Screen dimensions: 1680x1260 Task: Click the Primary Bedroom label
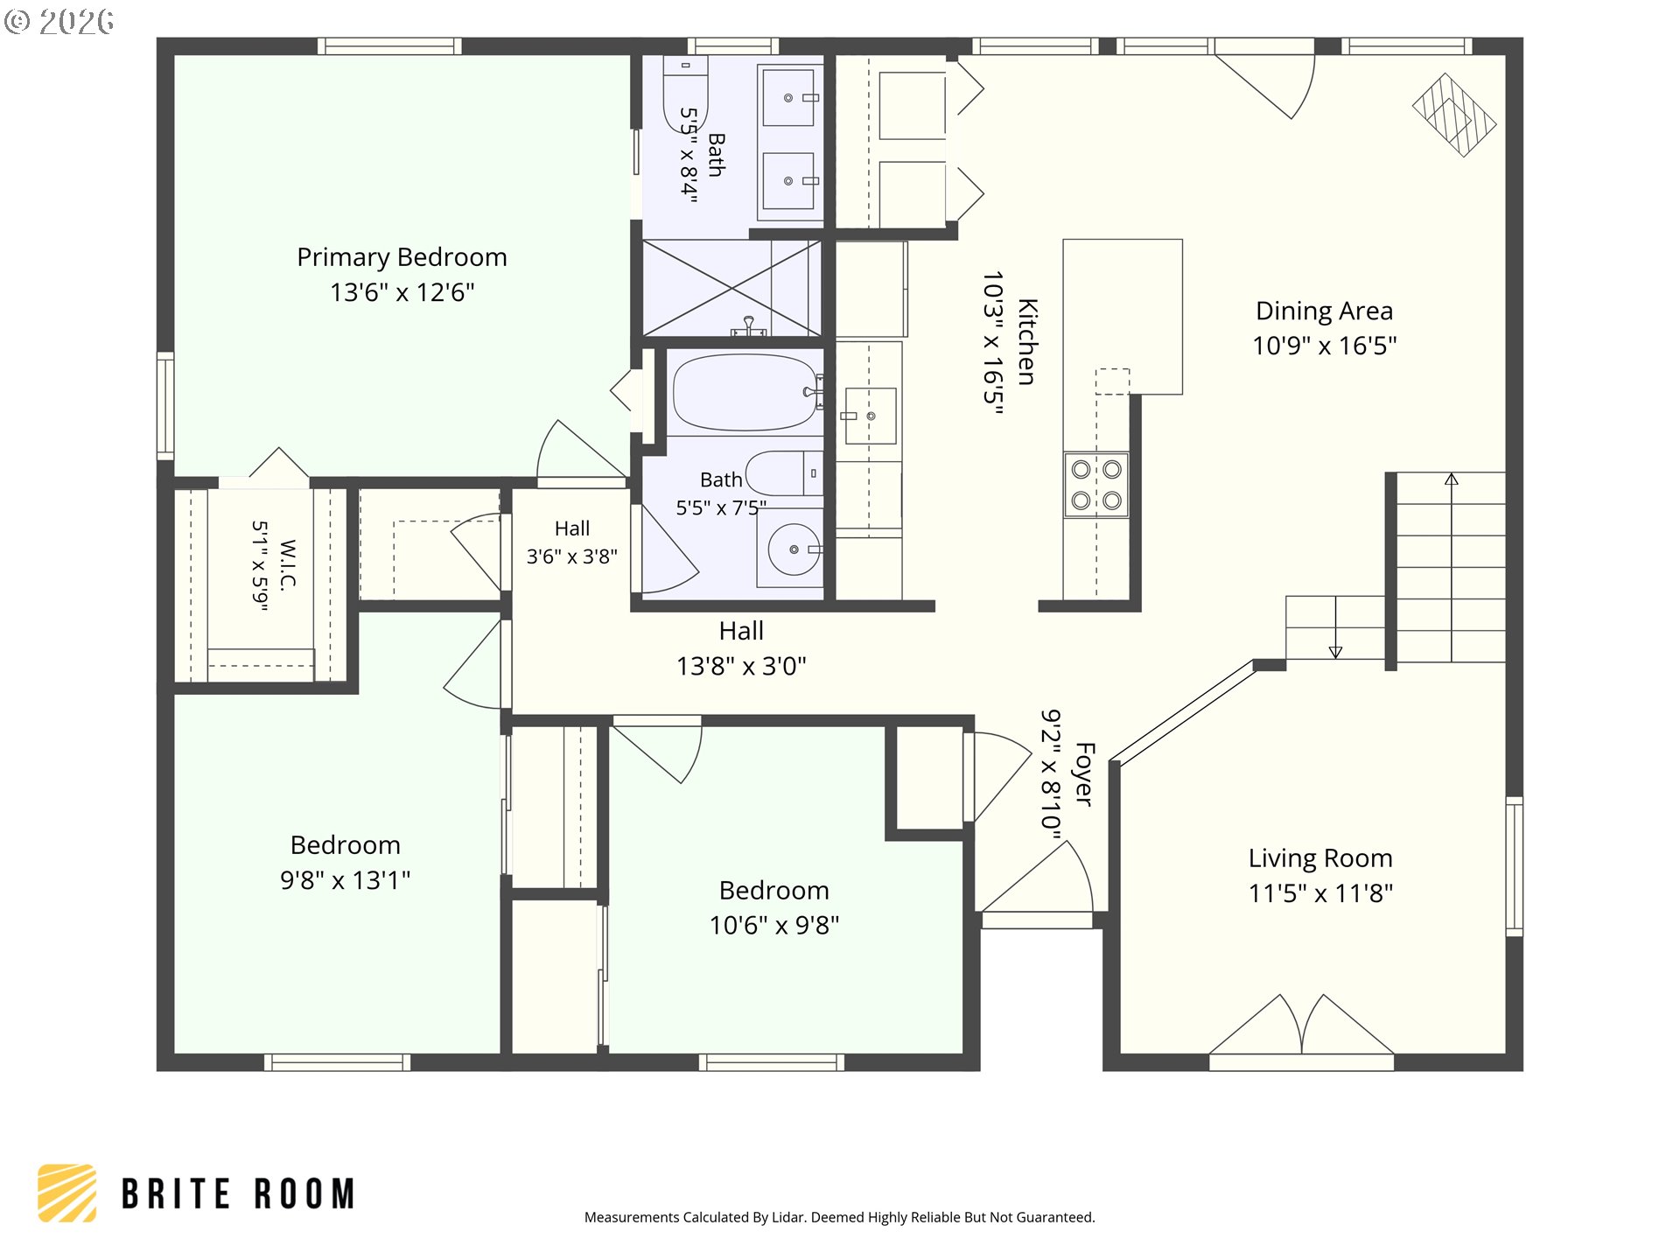point(402,257)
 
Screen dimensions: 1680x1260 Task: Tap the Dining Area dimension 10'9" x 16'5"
point(1324,346)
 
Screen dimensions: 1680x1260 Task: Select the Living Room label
point(1320,858)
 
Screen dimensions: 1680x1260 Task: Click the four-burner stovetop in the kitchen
point(1096,485)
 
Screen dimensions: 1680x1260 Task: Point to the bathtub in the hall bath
point(745,392)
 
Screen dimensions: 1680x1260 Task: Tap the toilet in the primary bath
point(685,93)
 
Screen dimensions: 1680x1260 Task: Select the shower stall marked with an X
point(731,288)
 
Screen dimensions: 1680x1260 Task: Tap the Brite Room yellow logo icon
point(67,1193)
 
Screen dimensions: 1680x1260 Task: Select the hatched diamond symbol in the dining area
point(1453,115)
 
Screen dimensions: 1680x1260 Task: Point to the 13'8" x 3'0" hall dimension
point(741,667)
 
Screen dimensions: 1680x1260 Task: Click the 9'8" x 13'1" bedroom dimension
point(345,880)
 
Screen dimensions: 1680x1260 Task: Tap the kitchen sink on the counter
point(871,416)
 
